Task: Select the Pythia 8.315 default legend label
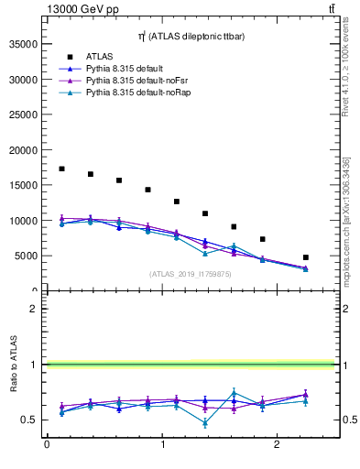(x=128, y=69)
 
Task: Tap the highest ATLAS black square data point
(x=61, y=169)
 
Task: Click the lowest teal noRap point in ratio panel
(x=205, y=423)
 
